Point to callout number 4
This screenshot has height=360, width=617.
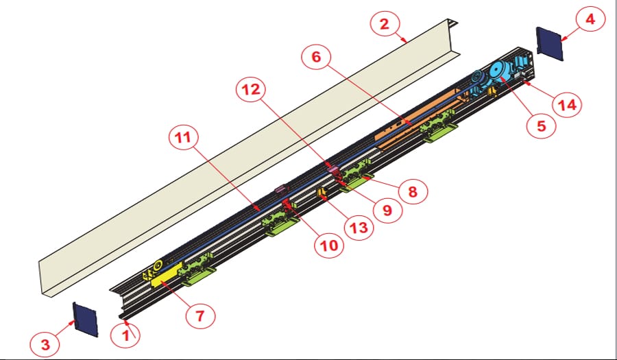click(589, 21)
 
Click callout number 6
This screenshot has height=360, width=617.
click(316, 58)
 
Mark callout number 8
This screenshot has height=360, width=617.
click(412, 191)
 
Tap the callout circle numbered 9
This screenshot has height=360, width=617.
click(387, 211)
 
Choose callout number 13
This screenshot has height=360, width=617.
click(360, 227)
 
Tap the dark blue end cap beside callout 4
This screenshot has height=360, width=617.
click(549, 43)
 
